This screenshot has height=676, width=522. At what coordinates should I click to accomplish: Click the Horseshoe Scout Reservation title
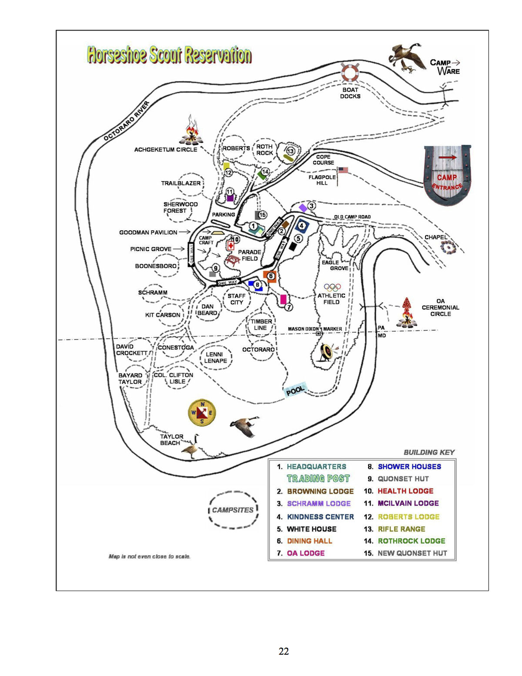point(169,55)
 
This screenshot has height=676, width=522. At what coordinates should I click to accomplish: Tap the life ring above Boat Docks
point(350,73)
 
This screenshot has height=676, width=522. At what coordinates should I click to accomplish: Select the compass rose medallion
point(202,413)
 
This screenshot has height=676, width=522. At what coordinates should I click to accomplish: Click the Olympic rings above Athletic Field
point(332,287)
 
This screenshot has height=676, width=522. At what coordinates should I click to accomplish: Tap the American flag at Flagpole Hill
point(343,170)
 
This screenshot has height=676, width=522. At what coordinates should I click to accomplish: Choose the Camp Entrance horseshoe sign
point(447,175)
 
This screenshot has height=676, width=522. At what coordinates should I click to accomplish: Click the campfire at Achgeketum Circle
point(191,131)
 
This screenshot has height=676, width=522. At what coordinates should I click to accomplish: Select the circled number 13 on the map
point(290,151)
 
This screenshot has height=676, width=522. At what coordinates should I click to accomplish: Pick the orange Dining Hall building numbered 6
point(270,276)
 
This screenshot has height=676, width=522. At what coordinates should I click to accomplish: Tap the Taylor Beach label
point(171,440)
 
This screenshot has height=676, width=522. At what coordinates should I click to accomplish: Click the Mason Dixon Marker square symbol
point(318,333)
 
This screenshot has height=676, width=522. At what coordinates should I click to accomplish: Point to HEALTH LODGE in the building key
point(405,491)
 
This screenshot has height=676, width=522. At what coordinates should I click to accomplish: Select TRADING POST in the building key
point(318,479)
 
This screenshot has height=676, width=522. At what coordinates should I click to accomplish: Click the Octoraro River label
point(127,121)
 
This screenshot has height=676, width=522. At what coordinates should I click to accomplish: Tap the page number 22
point(284,651)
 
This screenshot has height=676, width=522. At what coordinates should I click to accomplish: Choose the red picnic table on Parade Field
point(233,260)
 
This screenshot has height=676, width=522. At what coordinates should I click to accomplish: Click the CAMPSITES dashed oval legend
point(233,510)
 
